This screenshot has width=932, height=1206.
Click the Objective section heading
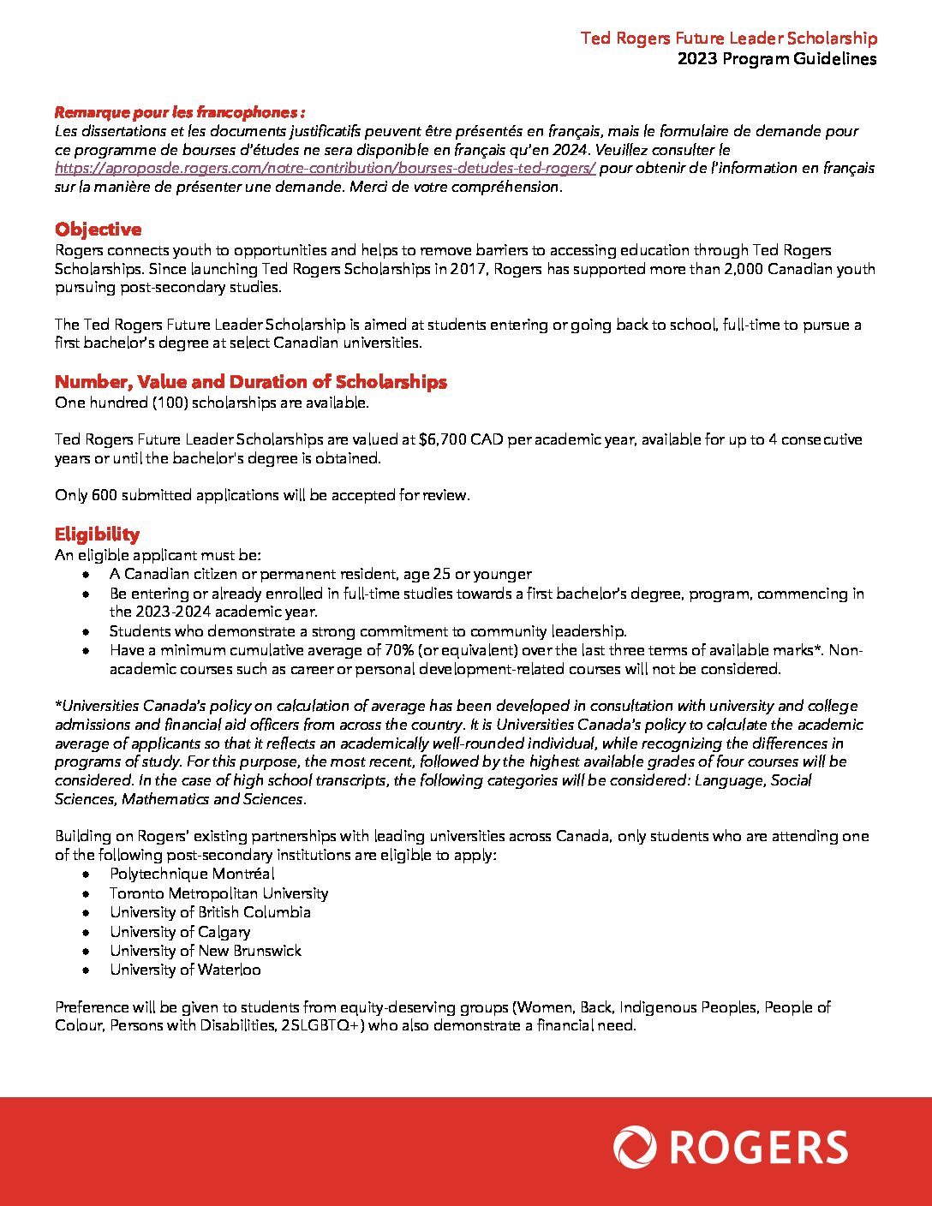coord(98,230)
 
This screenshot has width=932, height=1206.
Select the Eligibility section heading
coord(97,534)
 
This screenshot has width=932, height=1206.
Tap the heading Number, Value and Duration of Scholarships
coord(250,382)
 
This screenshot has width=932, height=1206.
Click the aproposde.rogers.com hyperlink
coord(325,169)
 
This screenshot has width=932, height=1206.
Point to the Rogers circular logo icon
coord(635,1148)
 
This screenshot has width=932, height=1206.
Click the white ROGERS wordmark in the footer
coord(759,1148)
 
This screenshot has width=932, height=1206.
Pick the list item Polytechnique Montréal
coord(192,875)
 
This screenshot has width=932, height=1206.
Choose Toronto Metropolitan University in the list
coord(218,893)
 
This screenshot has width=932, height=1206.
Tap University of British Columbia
coord(210,912)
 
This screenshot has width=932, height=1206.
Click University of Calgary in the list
coord(180,932)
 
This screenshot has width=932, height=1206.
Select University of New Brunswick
coord(206,951)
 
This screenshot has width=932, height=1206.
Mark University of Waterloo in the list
coord(185,970)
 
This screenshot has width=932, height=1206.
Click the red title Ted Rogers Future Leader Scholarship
coord(728,39)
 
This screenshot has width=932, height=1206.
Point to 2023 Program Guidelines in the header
coord(776,59)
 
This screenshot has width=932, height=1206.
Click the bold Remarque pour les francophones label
coord(180,112)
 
